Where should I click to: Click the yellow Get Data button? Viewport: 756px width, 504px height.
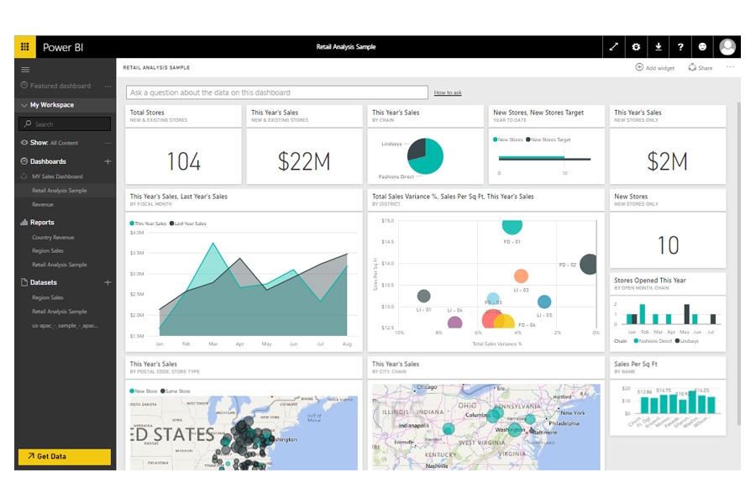coord(64,456)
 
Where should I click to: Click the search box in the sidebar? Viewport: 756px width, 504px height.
coord(65,124)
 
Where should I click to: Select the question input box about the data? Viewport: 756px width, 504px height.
coord(277,92)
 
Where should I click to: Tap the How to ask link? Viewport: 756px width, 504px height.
coord(447,92)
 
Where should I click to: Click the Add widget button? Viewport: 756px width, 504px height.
coord(655,67)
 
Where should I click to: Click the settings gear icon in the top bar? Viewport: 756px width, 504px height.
coord(636,47)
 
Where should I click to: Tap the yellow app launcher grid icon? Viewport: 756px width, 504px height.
coord(25,47)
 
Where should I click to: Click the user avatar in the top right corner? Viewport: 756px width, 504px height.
coord(727,47)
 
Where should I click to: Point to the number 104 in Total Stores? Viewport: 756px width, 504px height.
coord(183,161)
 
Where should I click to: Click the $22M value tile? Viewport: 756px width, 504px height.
coord(304,161)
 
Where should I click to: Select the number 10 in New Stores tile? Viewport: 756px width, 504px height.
coord(668,245)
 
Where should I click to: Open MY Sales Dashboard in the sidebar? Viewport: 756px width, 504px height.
coord(57,176)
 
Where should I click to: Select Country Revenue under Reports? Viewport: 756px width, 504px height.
coord(53,238)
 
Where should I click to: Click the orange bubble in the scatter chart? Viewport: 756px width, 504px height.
coord(521,276)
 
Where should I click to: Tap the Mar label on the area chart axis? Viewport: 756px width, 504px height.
coord(213,344)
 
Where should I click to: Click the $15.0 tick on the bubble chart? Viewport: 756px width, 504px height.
coord(387,221)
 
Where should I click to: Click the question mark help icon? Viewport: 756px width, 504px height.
coord(680,47)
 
